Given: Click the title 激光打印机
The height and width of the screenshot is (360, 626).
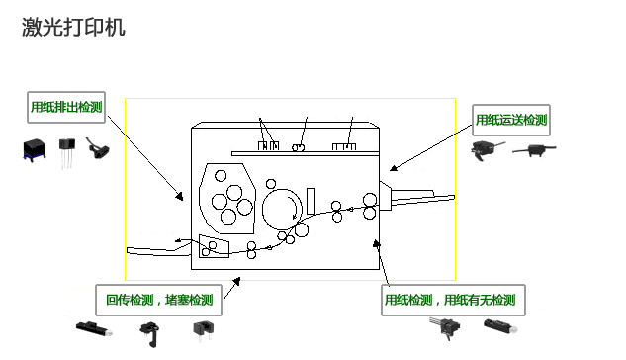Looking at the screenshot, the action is [x=73, y=28].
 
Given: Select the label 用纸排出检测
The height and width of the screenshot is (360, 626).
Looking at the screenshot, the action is [x=67, y=107].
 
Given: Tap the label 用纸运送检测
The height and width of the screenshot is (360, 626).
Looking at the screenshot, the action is [x=511, y=120].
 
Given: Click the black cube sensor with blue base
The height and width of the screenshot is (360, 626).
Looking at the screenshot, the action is [x=36, y=149].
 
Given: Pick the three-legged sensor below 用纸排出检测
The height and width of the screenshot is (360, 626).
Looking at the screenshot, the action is [x=68, y=148].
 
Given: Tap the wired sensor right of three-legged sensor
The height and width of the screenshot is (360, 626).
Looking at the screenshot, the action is [x=98, y=149].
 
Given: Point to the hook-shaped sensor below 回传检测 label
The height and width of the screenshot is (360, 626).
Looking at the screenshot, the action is [x=149, y=330].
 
